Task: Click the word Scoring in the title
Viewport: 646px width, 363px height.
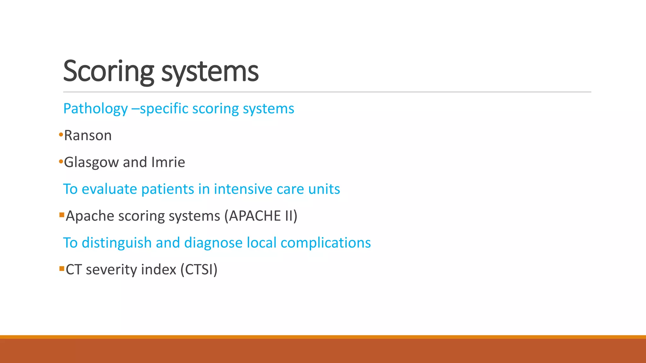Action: click(x=109, y=72)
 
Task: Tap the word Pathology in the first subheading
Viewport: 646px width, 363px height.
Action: click(x=95, y=109)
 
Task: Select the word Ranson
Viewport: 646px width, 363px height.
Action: click(x=88, y=135)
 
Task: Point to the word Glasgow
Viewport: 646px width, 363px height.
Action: click(x=91, y=163)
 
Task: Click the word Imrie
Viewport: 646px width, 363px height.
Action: click(x=168, y=162)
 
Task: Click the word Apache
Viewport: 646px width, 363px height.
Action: click(x=90, y=216)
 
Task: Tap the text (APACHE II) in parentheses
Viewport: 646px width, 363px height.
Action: click(x=261, y=216)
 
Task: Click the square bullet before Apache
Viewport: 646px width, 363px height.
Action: click(x=62, y=215)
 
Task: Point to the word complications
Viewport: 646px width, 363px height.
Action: click(x=326, y=243)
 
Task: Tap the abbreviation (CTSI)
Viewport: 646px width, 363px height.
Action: click(x=199, y=270)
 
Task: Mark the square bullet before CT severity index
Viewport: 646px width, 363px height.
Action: click(x=62, y=269)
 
